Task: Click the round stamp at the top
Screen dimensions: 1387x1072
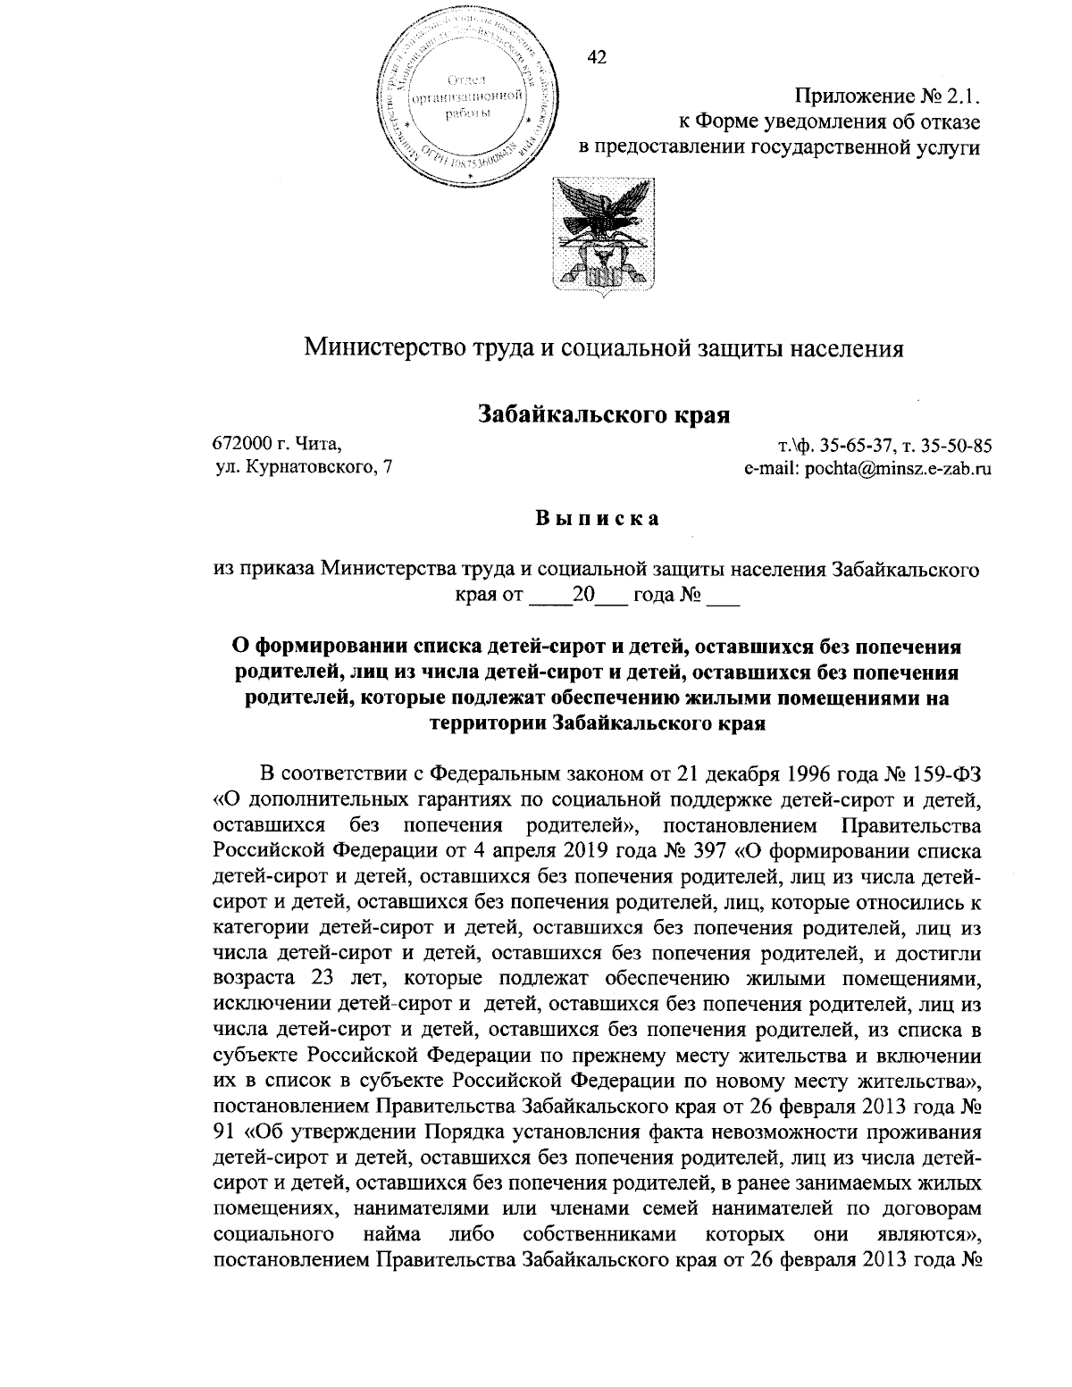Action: tap(465, 96)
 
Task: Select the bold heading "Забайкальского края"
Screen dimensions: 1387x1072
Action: tap(605, 414)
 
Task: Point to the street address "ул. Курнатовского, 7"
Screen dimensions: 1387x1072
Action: tap(304, 467)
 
